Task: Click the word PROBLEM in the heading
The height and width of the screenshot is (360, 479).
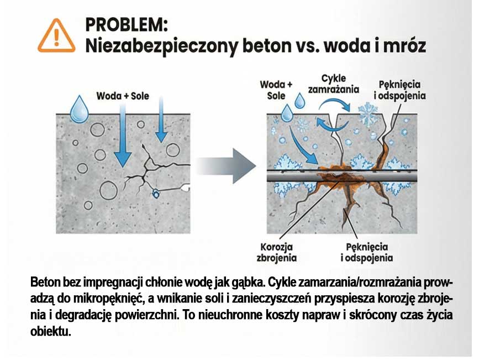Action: pos(127,25)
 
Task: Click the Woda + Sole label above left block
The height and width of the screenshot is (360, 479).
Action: pos(123,96)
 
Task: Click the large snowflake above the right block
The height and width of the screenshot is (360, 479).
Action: pos(367,113)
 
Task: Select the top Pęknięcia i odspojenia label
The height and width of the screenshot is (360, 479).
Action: pos(402,90)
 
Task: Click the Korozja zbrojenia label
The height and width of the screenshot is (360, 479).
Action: pos(277,252)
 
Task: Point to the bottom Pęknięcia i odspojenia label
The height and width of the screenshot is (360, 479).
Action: pos(367,252)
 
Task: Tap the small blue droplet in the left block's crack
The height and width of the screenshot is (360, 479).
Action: pos(156,194)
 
